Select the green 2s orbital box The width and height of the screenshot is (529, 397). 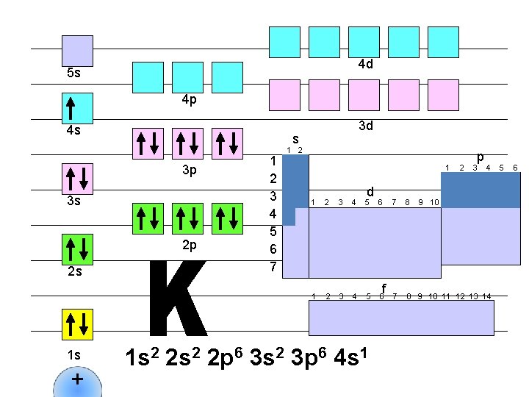pos(76,246)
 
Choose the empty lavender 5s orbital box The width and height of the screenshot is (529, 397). pos(76,50)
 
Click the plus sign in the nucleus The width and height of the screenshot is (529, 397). pos(77,380)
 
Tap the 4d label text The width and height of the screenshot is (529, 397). pos(366,64)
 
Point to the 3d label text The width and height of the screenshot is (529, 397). pos(366,126)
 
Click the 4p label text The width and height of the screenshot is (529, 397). pos(189,100)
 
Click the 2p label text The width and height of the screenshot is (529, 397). pos(189,244)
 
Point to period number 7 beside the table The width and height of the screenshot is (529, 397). pos(273,266)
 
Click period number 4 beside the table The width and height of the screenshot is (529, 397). pos(273,214)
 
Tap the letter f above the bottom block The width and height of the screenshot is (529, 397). pos(384,287)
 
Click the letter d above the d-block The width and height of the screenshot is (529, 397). pos(371,190)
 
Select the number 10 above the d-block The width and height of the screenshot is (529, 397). pos(434,202)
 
